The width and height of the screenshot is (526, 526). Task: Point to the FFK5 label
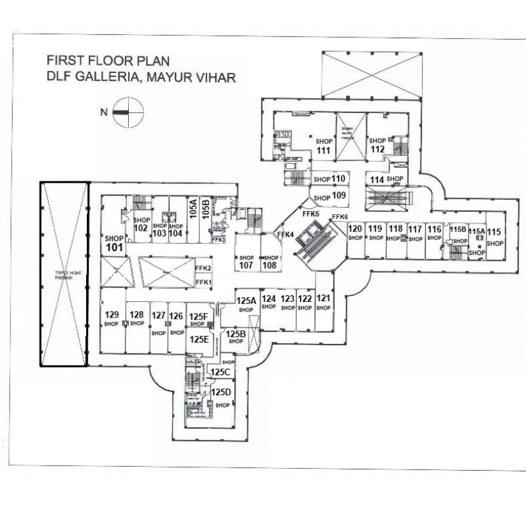tap(310, 214)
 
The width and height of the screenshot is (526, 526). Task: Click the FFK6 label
tap(340, 218)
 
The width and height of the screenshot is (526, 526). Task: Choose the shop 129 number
tap(112, 314)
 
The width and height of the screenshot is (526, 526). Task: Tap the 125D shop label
tap(222, 393)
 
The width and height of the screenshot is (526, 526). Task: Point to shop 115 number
tap(494, 231)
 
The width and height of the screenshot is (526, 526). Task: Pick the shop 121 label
tap(323, 299)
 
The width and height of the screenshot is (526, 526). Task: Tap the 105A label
tap(193, 209)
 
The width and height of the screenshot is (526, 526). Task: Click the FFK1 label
tap(203, 282)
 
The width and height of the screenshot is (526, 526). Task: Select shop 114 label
tap(377, 179)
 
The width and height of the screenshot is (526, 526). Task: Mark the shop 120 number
tap(355, 229)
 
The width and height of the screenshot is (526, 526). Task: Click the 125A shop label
tap(246, 300)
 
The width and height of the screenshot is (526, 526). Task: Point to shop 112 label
tap(377, 149)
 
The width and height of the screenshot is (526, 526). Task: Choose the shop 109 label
tap(339, 195)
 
